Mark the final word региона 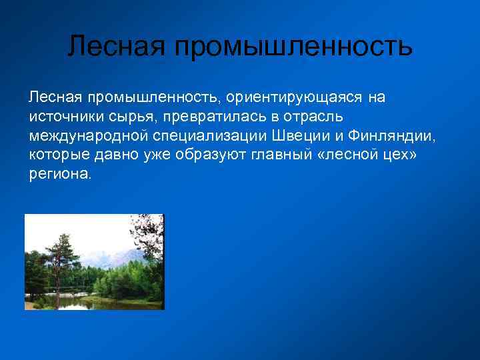click(59, 175)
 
